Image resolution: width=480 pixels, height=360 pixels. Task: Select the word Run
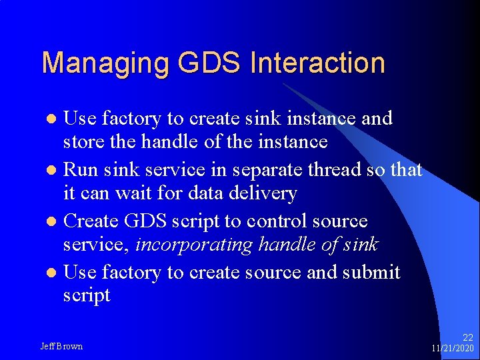[x=81, y=170]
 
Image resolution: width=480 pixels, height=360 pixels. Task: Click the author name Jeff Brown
[x=61, y=347]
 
